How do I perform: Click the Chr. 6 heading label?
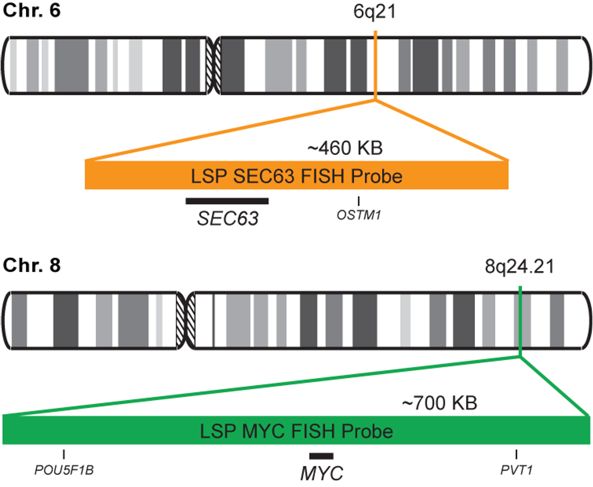pos(31,10)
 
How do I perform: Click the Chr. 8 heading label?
pos(31,265)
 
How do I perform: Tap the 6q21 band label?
pos(375,12)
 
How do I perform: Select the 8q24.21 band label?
pos(519,266)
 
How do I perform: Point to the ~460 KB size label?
pos(345,148)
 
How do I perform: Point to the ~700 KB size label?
pos(440,403)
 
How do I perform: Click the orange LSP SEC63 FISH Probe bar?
pos(296,176)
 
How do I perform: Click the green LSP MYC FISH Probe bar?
pos(296,431)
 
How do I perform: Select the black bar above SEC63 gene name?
pos(227,201)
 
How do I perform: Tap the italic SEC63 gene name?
pos(227,219)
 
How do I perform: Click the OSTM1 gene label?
pos(359,215)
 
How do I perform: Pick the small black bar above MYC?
pos(321,456)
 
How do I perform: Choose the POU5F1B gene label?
pos(64,470)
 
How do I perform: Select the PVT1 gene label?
pos(516,470)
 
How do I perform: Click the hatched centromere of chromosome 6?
pos(213,65)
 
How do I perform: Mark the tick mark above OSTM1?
pos(359,201)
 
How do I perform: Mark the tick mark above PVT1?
pos(516,454)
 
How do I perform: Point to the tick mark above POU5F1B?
pos(64,454)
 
